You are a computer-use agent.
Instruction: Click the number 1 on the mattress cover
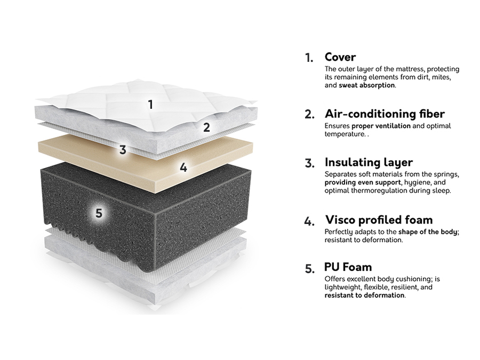pyautogui.click(x=150, y=105)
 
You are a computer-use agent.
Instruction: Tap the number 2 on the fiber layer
pyautogui.click(x=206, y=127)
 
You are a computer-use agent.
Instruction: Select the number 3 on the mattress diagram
pyautogui.click(x=123, y=150)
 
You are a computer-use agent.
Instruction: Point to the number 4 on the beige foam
pyautogui.click(x=183, y=167)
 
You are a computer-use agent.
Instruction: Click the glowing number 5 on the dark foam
pyautogui.click(x=98, y=213)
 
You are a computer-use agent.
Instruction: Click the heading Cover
pyautogui.click(x=340, y=57)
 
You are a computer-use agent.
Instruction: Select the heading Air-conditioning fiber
pyautogui.click(x=385, y=114)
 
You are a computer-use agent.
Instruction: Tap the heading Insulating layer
pyautogui.click(x=369, y=162)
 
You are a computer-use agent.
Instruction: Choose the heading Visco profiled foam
pyautogui.click(x=379, y=220)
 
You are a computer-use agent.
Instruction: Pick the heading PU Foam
pyautogui.click(x=348, y=267)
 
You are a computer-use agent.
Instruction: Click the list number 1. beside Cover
pyautogui.click(x=309, y=58)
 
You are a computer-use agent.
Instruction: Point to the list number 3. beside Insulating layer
pyautogui.click(x=309, y=163)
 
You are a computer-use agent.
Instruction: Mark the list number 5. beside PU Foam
pyautogui.click(x=309, y=269)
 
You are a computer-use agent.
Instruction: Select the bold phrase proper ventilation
pyautogui.click(x=381, y=126)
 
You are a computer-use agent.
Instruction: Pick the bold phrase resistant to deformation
pyautogui.click(x=364, y=295)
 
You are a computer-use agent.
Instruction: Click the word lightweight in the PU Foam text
pyautogui.click(x=342, y=287)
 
